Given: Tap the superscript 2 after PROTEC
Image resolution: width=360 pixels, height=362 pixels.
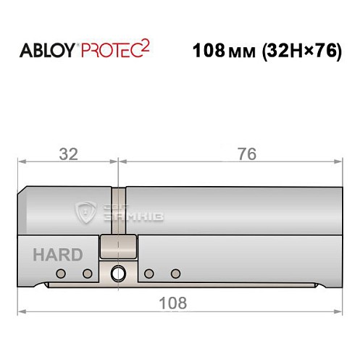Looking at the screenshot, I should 146,45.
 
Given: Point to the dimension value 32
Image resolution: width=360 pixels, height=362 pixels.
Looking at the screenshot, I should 69,154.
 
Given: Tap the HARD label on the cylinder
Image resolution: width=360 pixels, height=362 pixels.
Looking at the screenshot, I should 57,255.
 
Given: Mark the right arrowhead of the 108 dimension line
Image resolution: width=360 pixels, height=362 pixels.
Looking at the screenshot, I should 338,312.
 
